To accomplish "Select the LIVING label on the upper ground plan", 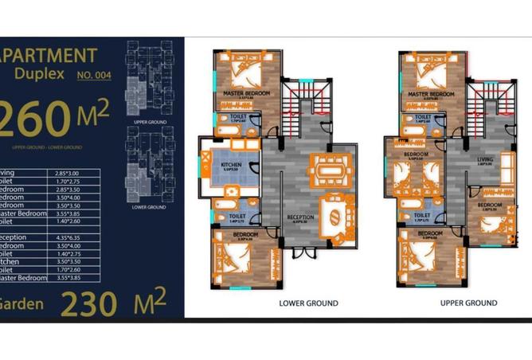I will pyautogui.click(x=484, y=158).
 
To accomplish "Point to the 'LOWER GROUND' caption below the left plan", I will pyautogui.click(x=308, y=303).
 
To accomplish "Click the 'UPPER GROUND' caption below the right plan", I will pyautogui.click(x=468, y=303).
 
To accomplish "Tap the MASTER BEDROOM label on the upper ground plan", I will pyautogui.click(x=431, y=94).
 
